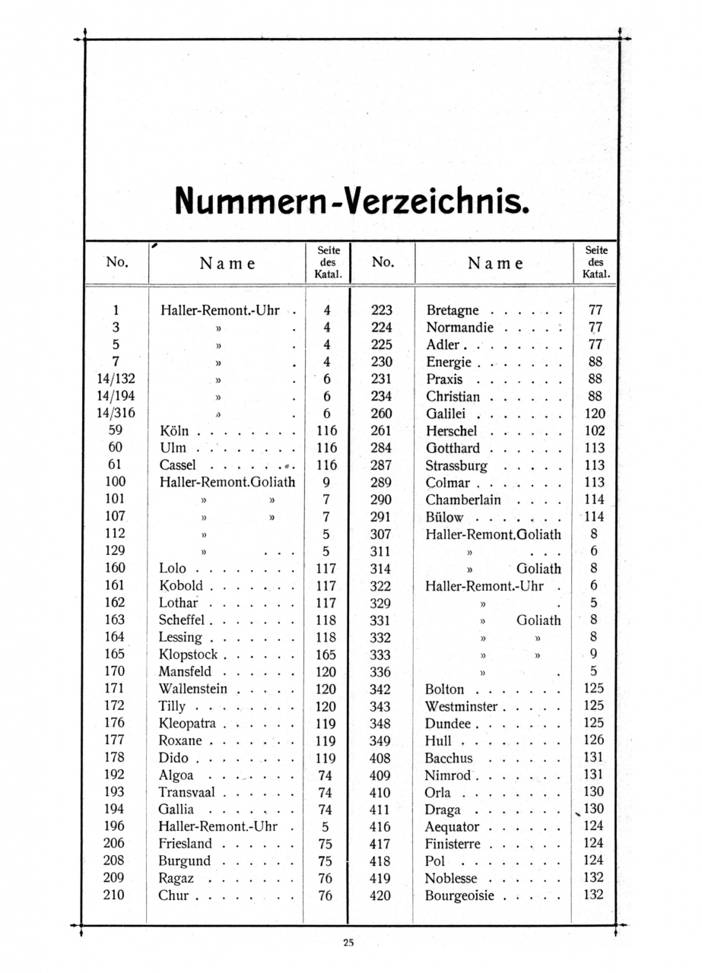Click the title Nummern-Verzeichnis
pyautogui.click(x=351, y=200)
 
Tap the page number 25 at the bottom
pyautogui.click(x=348, y=943)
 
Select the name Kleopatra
pyautogui.click(x=187, y=723)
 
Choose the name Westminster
pyautogui.click(x=461, y=706)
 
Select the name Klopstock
pyautogui.click(x=188, y=654)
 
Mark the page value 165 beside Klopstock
pyautogui.click(x=326, y=654)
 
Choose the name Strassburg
pyautogui.click(x=456, y=464)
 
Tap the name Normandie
pyautogui.click(x=460, y=328)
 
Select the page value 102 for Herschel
pyautogui.click(x=595, y=430)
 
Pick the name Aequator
pyautogui.click(x=452, y=826)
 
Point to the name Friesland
pyautogui.click(x=186, y=843)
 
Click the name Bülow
pyautogui.click(x=445, y=517)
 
